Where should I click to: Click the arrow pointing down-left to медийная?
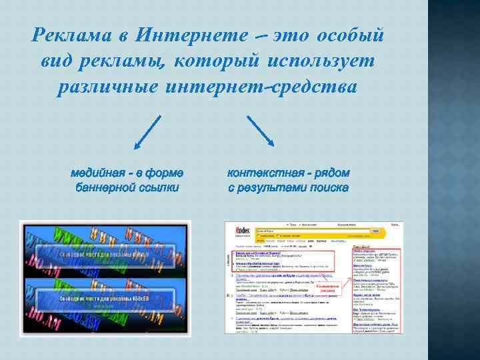pos(148,131)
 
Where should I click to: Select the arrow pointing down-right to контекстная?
pos(261,131)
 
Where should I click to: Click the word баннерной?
pos(107,188)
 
